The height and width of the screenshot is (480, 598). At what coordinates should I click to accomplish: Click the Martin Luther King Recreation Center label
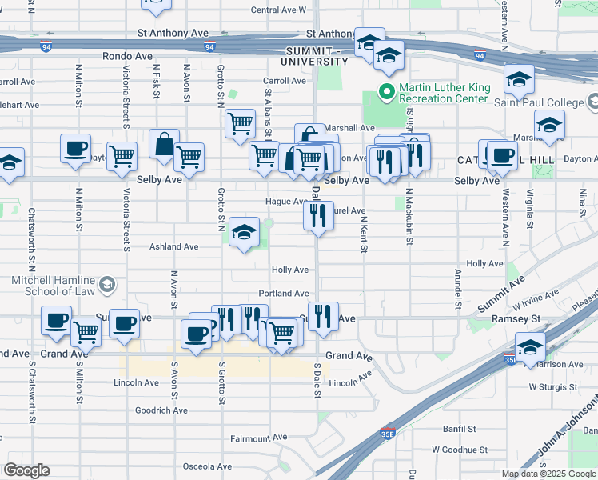pos(443,92)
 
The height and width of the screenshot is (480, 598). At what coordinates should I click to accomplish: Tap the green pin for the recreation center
pos(387,92)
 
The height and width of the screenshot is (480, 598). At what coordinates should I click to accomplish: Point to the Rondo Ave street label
pos(127,56)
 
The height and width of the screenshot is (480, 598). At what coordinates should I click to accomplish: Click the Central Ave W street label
pos(278,10)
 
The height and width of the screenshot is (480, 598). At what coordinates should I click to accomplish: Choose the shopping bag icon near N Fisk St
pos(164,145)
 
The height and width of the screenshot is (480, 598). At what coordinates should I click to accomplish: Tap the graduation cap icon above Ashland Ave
pos(245,232)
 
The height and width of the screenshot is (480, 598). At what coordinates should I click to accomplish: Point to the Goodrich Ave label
pos(161,410)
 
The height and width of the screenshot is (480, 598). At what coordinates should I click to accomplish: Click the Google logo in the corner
pos(26,470)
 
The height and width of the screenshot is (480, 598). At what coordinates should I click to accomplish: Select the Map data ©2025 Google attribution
pos(548,474)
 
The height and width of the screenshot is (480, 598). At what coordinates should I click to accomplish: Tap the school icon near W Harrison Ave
pos(529,347)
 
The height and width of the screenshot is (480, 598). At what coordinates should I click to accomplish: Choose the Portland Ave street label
pos(283,294)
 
